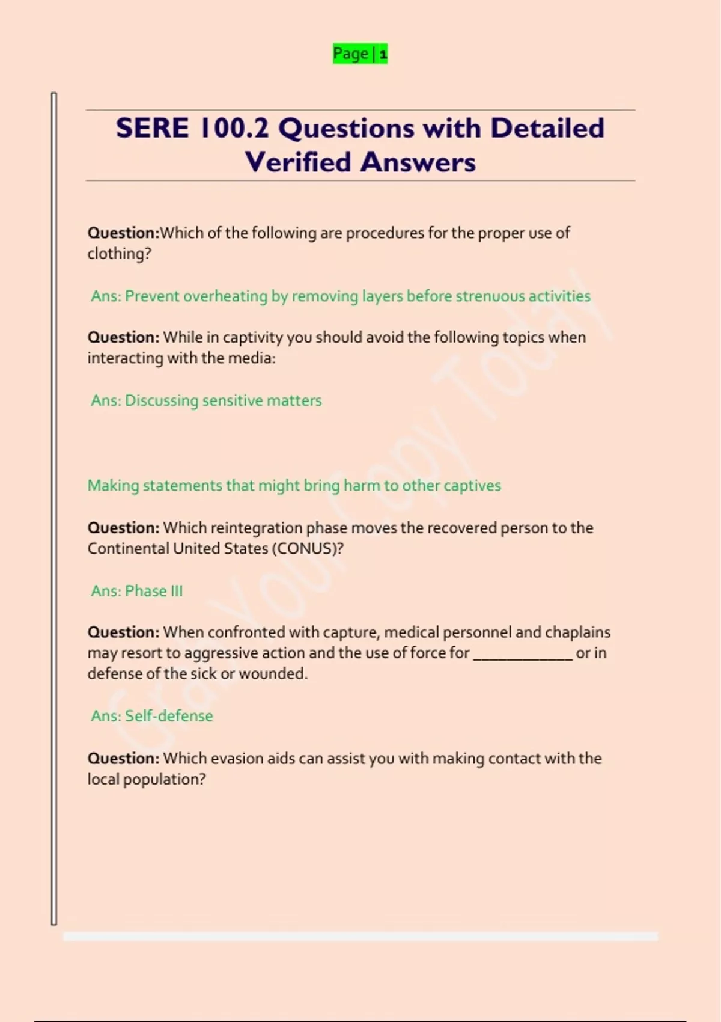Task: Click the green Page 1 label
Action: click(360, 54)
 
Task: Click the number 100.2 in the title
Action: click(234, 129)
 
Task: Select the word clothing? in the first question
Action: click(119, 254)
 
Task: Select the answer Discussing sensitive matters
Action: click(223, 400)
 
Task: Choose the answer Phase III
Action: click(153, 591)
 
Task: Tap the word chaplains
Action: click(577, 632)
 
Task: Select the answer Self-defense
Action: click(168, 716)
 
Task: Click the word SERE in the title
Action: click(152, 129)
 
